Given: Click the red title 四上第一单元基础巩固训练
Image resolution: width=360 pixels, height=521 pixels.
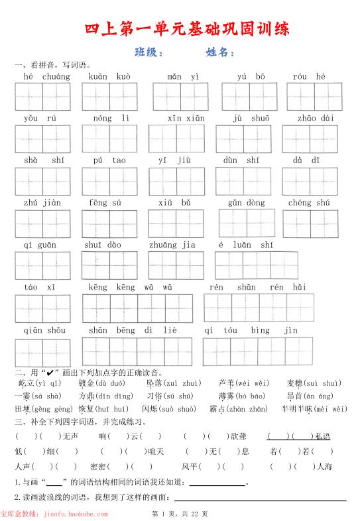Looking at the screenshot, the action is pyautogui.click(x=188, y=29).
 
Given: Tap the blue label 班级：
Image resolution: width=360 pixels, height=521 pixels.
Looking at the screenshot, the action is pyautogui.click(x=149, y=52).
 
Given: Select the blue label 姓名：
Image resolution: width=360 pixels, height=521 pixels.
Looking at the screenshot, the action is pyautogui.click(x=221, y=52).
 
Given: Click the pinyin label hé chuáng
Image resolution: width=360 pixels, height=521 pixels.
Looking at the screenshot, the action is pyautogui.click(x=46, y=77).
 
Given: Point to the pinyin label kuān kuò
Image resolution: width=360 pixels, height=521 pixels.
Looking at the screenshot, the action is pyautogui.click(x=109, y=77).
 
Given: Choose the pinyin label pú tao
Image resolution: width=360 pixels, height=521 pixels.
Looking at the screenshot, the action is pyautogui.click(x=109, y=160).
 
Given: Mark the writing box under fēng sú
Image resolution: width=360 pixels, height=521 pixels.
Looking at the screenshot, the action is pyautogui.click(x=109, y=223).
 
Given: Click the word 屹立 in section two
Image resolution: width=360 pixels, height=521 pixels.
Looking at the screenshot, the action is pyautogui.click(x=25, y=383).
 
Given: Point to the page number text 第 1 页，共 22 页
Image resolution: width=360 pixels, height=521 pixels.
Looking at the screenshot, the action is pyautogui.click(x=180, y=514).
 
